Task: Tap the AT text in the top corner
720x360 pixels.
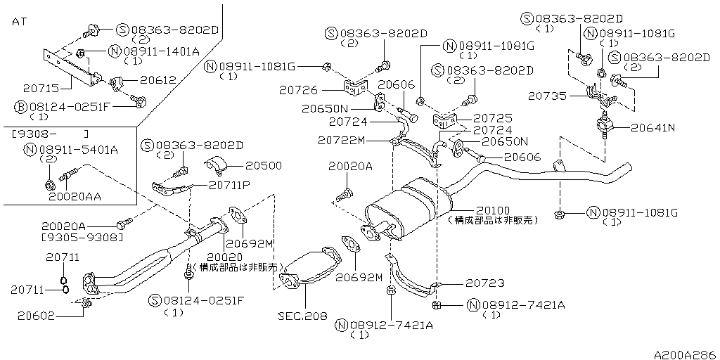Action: (x=20, y=22)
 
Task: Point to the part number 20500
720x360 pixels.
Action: (x=263, y=166)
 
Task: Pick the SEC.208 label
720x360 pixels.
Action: (x=302, y=316)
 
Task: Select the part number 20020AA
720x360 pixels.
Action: (x=75, y=197)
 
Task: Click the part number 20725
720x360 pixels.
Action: (x=493, y=119)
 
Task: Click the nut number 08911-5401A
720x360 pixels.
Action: (x=77, y=149)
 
